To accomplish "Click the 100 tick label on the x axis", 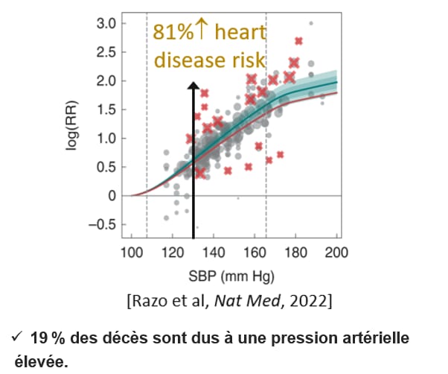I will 132,251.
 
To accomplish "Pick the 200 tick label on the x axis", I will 337,251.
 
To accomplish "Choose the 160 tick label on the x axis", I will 255,251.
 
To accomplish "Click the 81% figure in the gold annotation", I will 169,33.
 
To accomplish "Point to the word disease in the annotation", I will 182,60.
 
